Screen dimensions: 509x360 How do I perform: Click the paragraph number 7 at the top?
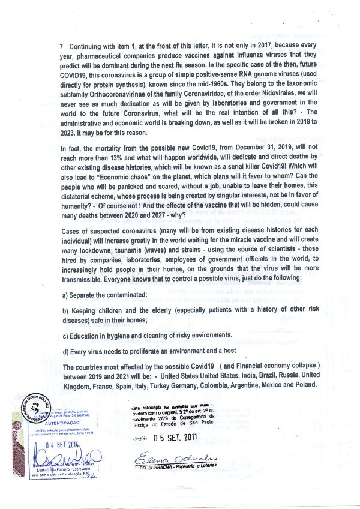click(x=62, y=46)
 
